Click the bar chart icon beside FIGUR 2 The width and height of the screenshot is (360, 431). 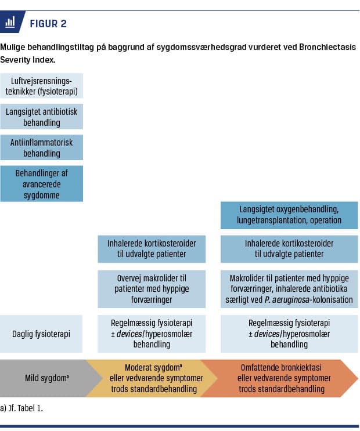[x=10, y=23]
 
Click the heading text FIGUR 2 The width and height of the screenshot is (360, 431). [x=48, y=23]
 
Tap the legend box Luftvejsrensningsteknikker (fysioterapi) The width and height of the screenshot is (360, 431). [x=42, y=85]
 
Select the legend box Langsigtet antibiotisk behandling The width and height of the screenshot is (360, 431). [x=42, y=116]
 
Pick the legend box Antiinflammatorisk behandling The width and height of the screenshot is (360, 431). [x=42, y=147]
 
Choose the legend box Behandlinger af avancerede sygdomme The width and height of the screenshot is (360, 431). [x=42, y=183]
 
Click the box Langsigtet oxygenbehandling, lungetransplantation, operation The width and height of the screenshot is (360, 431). [x=289, y=215]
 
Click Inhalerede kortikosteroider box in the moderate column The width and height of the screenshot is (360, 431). [x=152, y=248]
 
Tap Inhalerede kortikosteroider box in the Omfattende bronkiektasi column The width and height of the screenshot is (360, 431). [x=289, y=248]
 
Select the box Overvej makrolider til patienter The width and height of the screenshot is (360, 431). [x=152, y=288]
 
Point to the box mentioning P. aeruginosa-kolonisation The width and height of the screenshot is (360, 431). [x=289, y=288]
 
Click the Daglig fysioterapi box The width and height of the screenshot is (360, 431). [x=42, y=334]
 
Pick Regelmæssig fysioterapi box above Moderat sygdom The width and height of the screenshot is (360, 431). [x=152, y=334]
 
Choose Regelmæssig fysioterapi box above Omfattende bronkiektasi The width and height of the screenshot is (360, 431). [x=289, y=334]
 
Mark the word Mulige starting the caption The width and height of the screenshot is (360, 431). [x=12, y=46]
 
